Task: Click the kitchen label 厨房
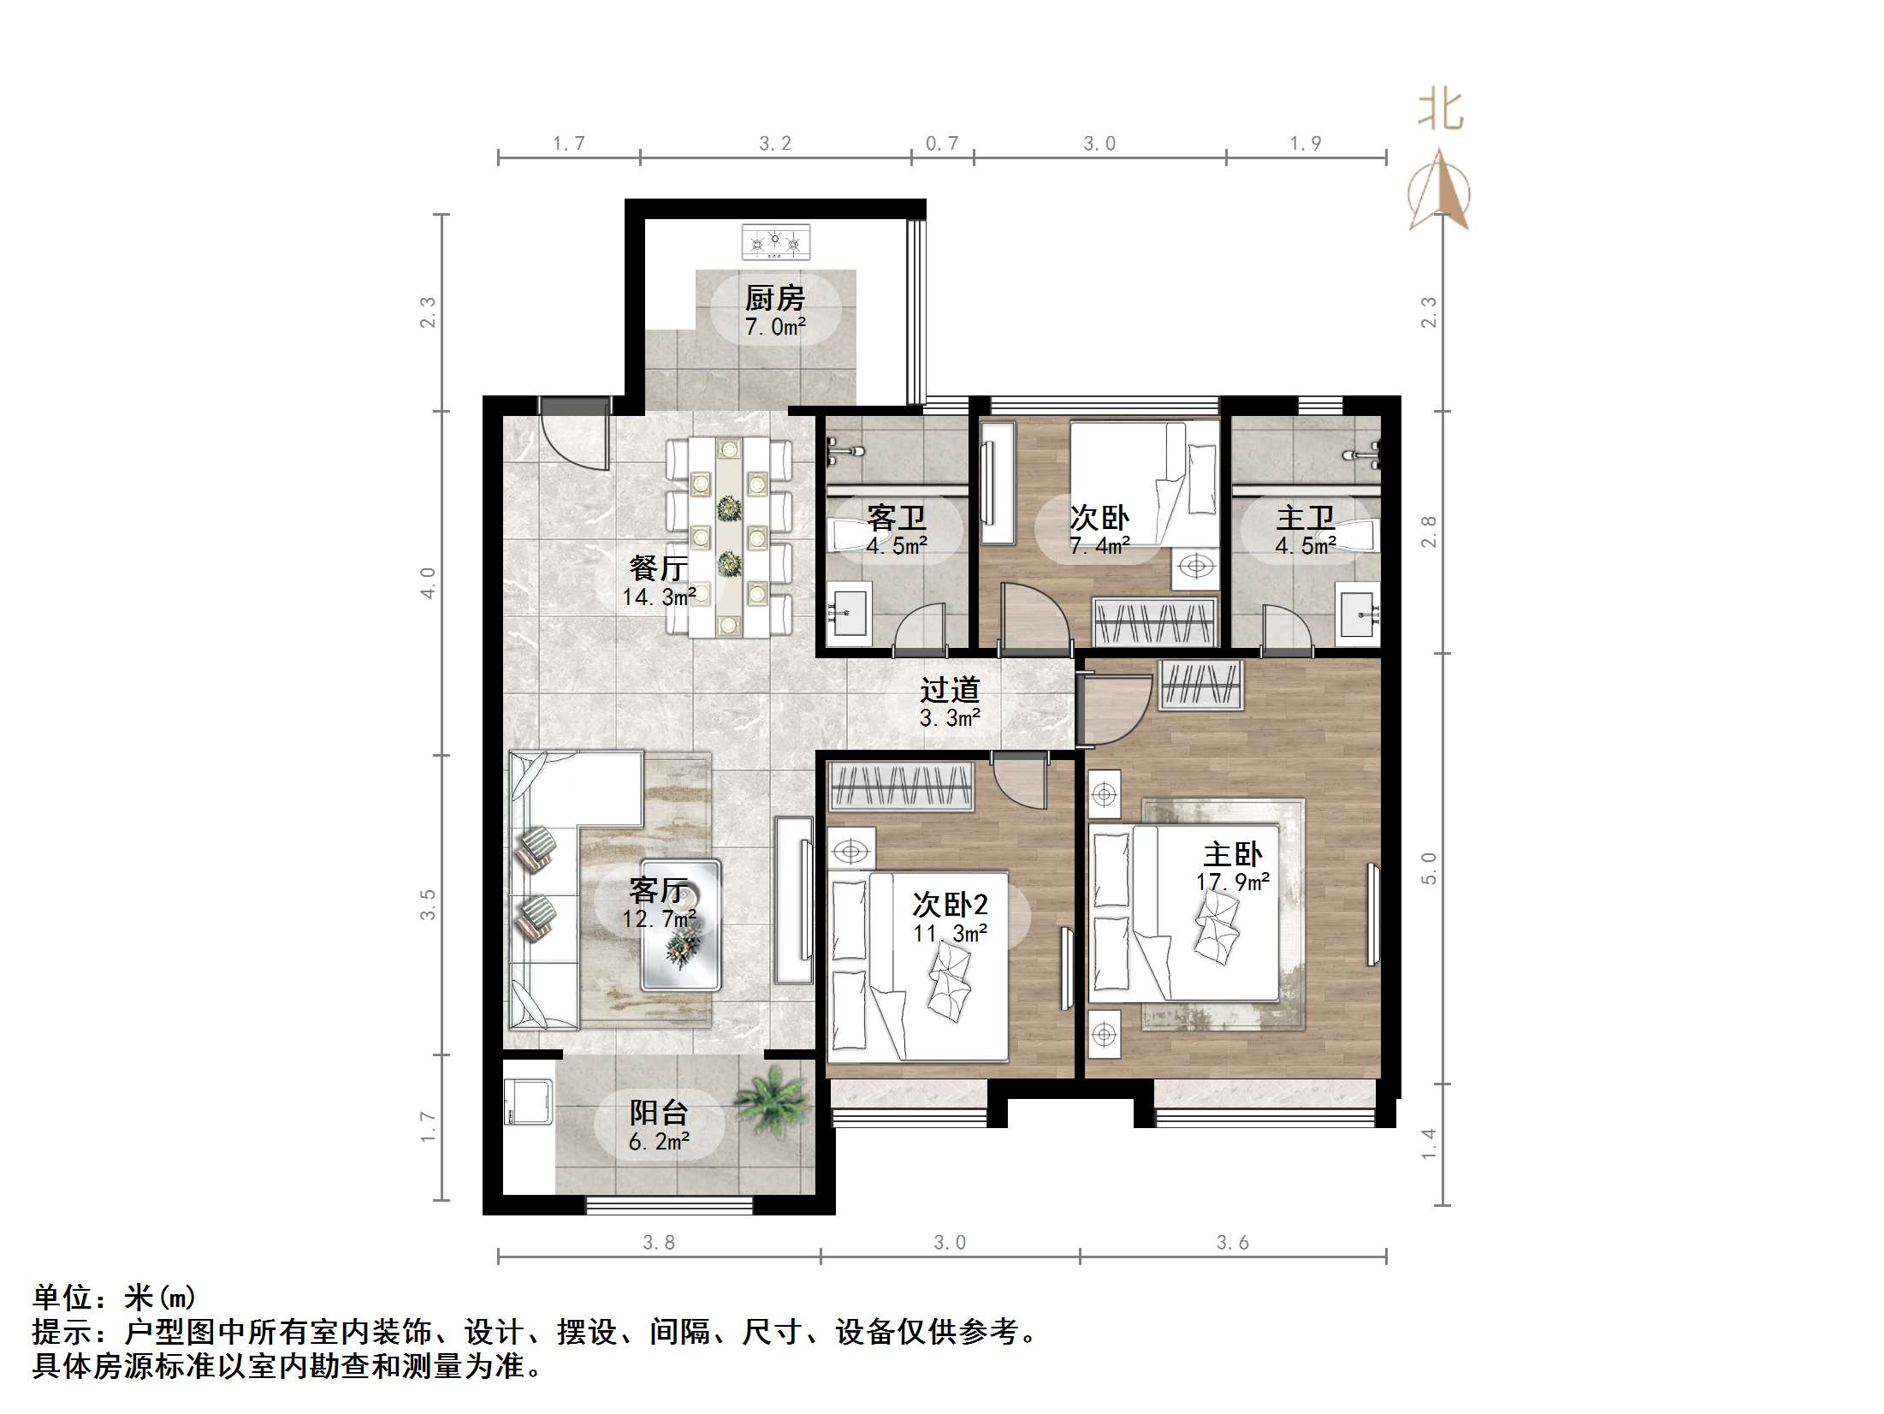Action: click(774, 299)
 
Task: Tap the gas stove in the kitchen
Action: click(775, 241)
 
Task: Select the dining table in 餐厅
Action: click(729, 537)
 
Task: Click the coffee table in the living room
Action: click(681, 925)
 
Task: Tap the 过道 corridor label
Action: click(950, 690)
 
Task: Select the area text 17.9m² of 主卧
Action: click(1232, 882)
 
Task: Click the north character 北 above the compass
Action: click(1440, 111)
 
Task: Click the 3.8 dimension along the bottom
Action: click(659, 1243)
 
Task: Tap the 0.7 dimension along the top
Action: click(942, 144)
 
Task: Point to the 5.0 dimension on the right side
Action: click(1429, 867)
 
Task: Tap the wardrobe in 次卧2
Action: click(901, 787)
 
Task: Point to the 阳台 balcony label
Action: click(659, 1113)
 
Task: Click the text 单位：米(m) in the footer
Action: click(115, 1298)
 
